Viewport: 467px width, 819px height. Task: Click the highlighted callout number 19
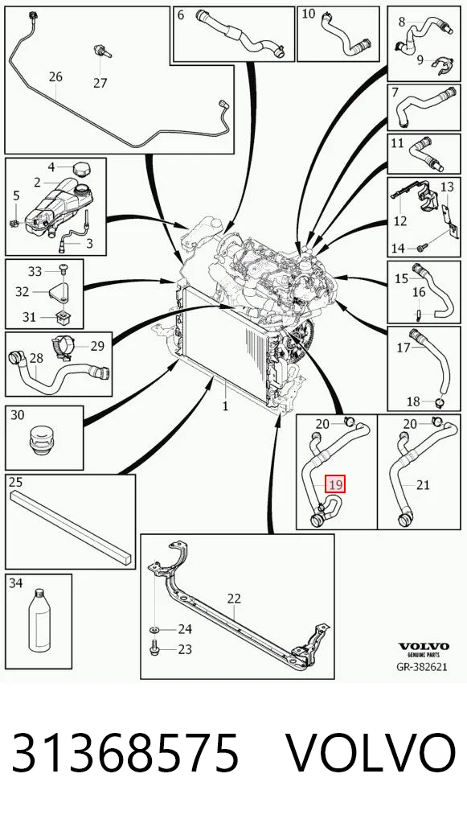click(x=335, y=484)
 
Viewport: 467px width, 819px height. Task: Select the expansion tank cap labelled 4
click(x=81, y=170)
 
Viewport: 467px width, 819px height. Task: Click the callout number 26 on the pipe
click(x=55, y=76)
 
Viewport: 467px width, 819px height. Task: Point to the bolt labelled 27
click(x=102, y=51)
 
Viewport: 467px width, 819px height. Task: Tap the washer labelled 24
click(x=155, y=629)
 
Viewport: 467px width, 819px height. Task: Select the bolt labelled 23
click(x=155, y=650)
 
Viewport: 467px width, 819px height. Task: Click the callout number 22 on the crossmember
click(x=234, y=599)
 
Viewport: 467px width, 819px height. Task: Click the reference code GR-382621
click(x=422, y=667)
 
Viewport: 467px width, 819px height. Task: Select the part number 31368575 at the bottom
click(x=125, y=753)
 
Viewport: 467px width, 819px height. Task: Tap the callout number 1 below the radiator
click(x=225, y=405)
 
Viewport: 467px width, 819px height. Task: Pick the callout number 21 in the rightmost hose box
click(x=423, y=485)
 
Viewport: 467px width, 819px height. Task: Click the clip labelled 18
click(x=439, y=401)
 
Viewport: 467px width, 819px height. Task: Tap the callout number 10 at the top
click(x=309, y=13)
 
